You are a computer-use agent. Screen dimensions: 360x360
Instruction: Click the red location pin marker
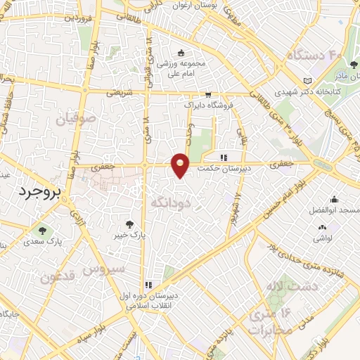tap(181, 165)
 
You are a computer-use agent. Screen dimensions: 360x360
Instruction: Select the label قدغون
tap(56, 277)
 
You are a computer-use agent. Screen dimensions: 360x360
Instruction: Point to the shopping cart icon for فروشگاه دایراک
tap(208, 94)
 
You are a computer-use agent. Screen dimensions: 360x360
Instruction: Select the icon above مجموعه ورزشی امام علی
tap(181, 52)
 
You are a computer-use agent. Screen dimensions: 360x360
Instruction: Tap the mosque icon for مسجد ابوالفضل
tap(333, 199)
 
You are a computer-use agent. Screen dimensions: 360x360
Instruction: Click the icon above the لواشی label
tap(322, 227)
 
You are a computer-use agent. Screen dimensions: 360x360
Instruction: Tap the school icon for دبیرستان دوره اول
tap(148, 285)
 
